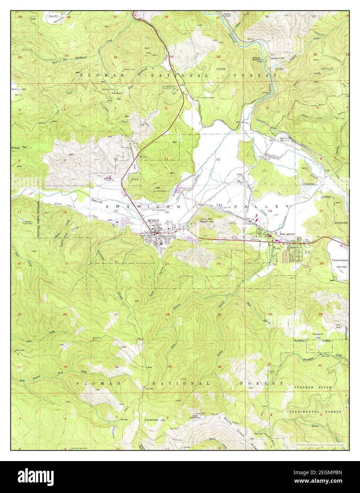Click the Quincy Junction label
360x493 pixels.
[x=284, y=139]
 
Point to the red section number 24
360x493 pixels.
[x=219, y=264]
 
